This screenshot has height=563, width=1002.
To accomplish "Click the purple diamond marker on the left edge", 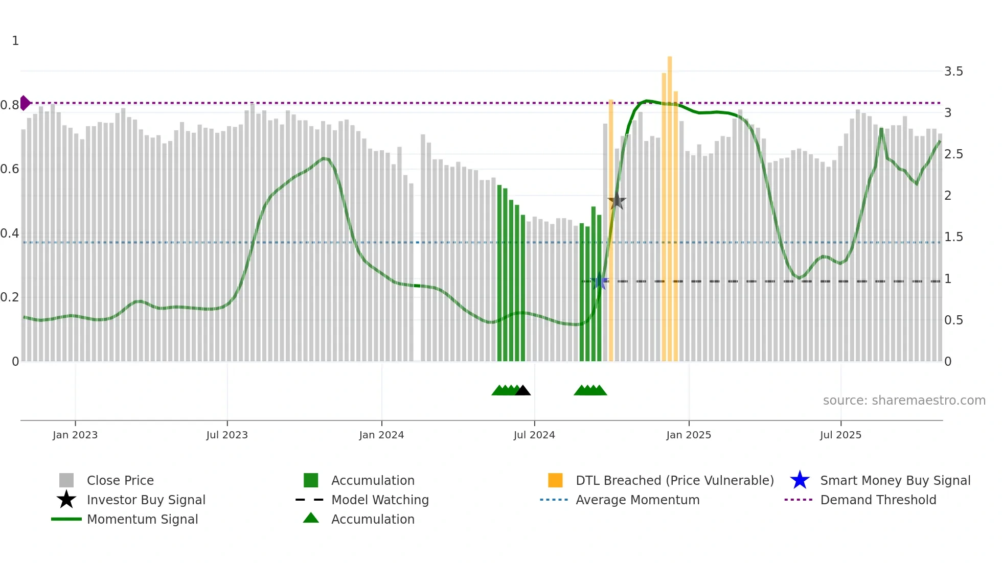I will pyautogui.click(x=25, y=103).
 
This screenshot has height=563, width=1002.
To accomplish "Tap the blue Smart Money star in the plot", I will pyautogui.click(x=599, y=281).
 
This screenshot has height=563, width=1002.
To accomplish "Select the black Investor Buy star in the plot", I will pyautogui.click(x=617, y=201).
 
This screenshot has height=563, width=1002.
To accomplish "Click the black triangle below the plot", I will pyautogui.click(x=522, y=391).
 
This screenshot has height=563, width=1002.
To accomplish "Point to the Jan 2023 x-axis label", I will pyautogui.click(x=75, y=435).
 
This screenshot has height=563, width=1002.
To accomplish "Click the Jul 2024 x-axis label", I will pyautogui.click(x=534, y=435).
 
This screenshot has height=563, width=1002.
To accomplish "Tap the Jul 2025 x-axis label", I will pyautogui.click(x=840, y=435).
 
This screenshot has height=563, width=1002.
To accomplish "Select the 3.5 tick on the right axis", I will pyautogui.click(x=953, y=72).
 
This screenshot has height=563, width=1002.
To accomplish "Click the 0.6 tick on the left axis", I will pyautogui.click(x=10, y=169).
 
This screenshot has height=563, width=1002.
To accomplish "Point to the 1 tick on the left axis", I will pyautogui.click(x=15, y=41).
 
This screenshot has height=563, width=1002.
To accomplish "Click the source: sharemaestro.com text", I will pyautogui.click(x=904, y=400).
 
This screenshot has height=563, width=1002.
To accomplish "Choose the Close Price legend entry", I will pyautogui.click(x=120, y=480).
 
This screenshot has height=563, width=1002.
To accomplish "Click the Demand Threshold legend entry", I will pyautogui.click(x=878, y=500).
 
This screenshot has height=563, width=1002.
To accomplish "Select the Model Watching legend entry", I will pyautogui.click(x=380, y=500).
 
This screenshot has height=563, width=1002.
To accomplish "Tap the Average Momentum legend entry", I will pyautogui.click(x=637, y=500).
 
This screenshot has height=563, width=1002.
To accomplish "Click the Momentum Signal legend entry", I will pyautogui.click(x=142, y=519).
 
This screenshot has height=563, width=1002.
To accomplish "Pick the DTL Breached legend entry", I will pyautogui.click(x=674, y=480).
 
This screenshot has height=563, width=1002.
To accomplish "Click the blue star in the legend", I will pyautogui.click(x=800, y=480).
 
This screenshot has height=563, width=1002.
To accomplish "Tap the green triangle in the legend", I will pyautogui.click(x=311, y=519).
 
